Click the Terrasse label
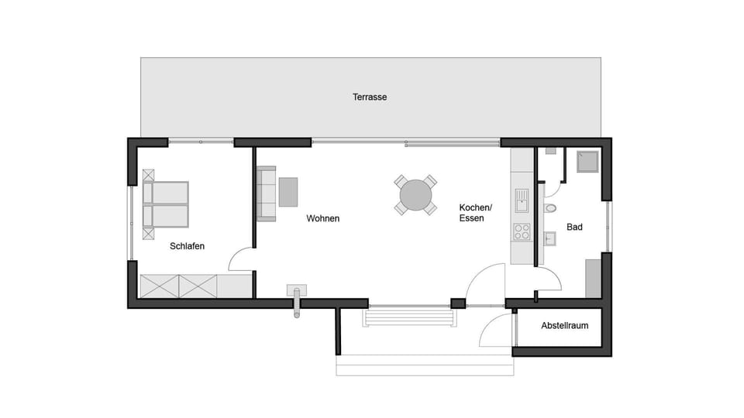[370, 98]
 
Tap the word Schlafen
[187, 246]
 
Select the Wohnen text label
[322, 218]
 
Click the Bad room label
[574, 228]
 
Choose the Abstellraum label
[564, 326]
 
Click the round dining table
[416, 195]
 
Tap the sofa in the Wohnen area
[266, 194]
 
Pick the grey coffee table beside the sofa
[288, 192]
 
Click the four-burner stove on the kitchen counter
[522, 231]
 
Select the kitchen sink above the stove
[522, 200]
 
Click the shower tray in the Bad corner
[585, 161]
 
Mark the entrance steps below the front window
[408, 317]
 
